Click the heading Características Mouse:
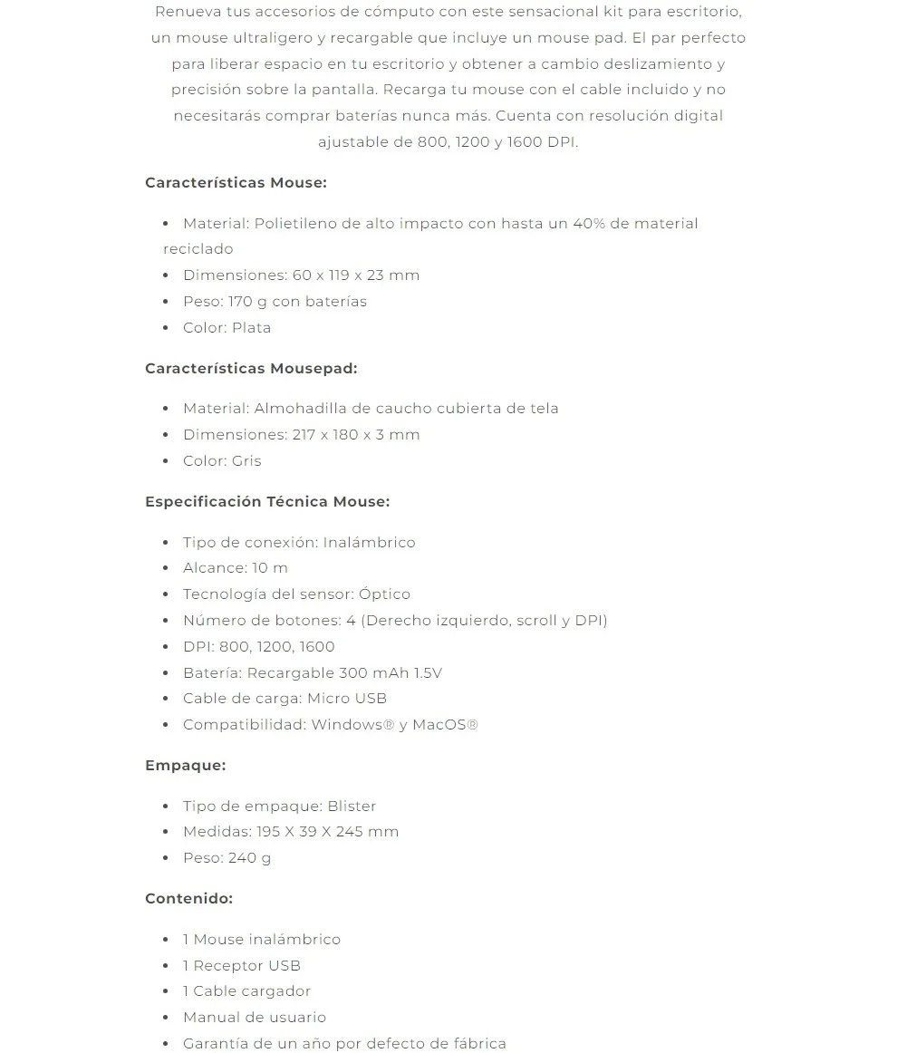point(236,182)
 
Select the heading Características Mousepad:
point(251,368)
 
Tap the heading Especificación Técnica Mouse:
point(267,501)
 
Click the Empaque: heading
point(185,765)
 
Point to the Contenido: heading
point(188,898)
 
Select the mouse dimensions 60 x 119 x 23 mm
point(356,275)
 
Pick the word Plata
point(252,327)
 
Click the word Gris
point(246,460)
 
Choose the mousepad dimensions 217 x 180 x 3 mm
point(356,434)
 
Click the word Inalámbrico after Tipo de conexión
point(369,542)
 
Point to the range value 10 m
point(270,567)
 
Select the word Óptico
point(384,594)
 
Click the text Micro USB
point(347,698)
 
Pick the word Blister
point(352,806)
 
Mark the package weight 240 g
point(249,857)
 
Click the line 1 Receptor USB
point(242,965)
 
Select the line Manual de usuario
point(255,1017)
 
